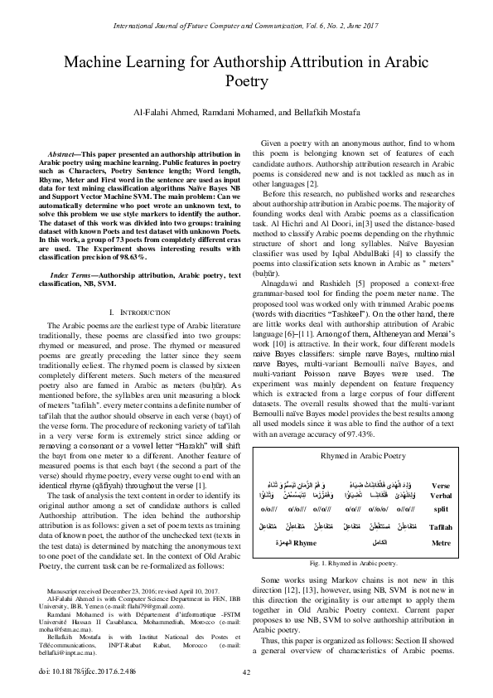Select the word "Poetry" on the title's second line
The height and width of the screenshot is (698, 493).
(x=246, y=81)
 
